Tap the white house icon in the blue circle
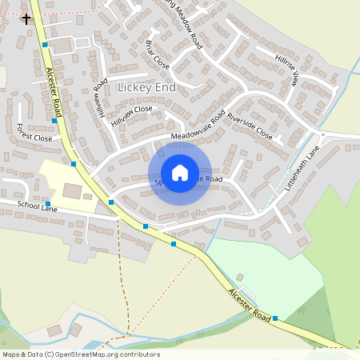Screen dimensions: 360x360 coord(180,172)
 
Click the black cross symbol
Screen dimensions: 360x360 coord(26,18)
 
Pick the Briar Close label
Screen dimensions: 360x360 coord(158,53)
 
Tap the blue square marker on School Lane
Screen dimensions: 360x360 coord(48,204)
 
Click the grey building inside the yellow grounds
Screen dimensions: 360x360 coord(73,190)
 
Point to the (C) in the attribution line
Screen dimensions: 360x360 coord(50,354)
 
